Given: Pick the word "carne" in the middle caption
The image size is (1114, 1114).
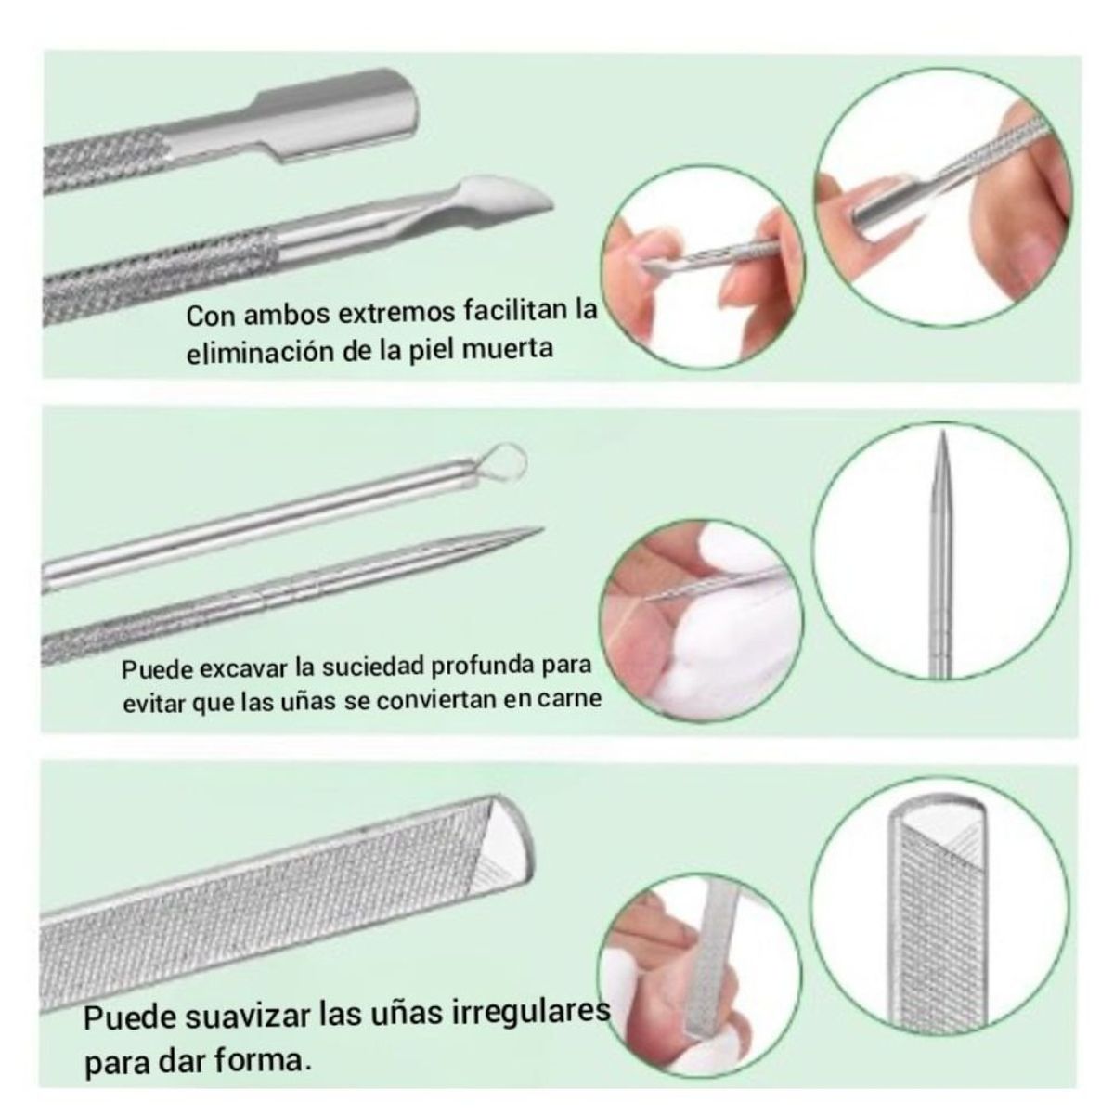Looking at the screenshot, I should pos(568,699).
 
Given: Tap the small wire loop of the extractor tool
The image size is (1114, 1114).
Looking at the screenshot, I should pos(506,460).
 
